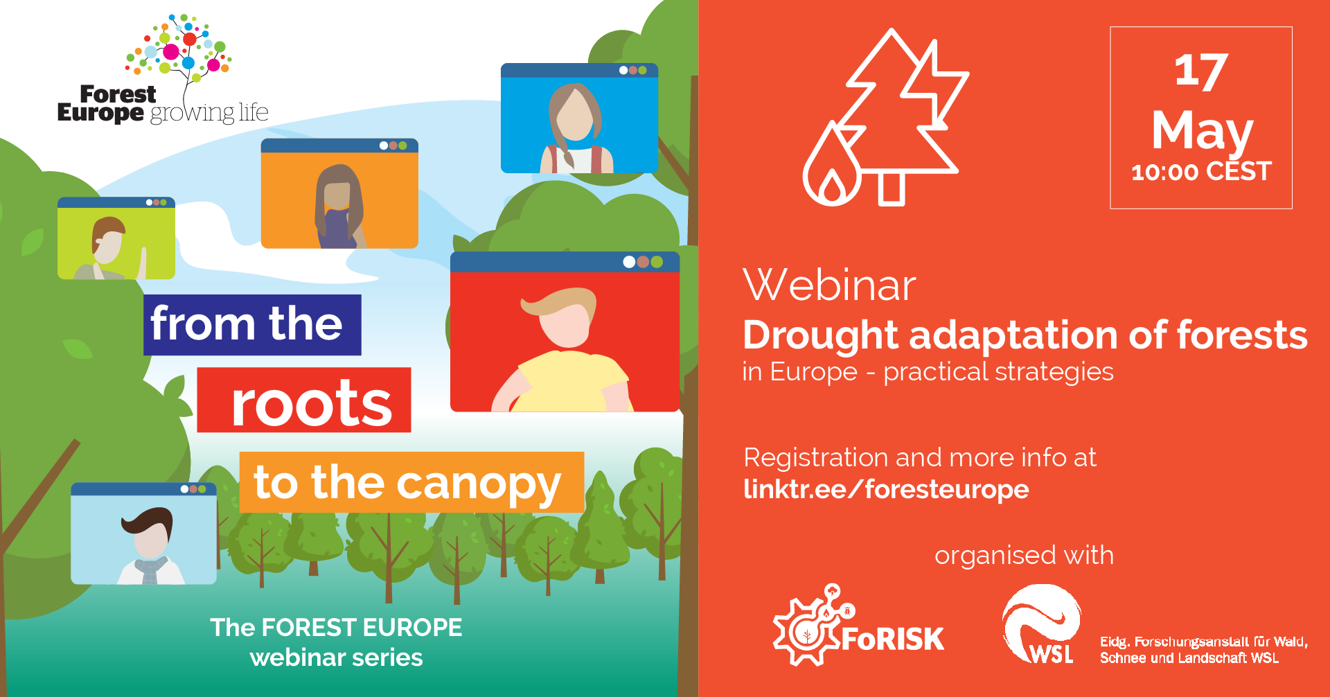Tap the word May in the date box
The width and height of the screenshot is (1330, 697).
point(1202,132)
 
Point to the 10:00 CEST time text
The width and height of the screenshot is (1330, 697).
point(1201,171)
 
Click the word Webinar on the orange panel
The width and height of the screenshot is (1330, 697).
point(829,285)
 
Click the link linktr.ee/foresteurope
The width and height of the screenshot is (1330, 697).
point(886,489)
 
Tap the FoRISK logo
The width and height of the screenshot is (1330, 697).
point(858,626)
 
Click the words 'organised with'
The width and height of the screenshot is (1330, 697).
point(1024,556)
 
